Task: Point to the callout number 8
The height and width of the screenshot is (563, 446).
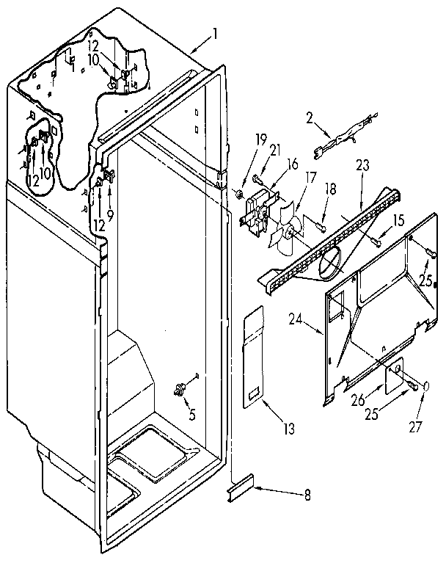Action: (x=306, y=495)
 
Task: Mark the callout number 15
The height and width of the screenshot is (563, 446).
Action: (x=398, y=219)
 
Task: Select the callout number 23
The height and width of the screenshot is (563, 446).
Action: (x=362, y=167)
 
